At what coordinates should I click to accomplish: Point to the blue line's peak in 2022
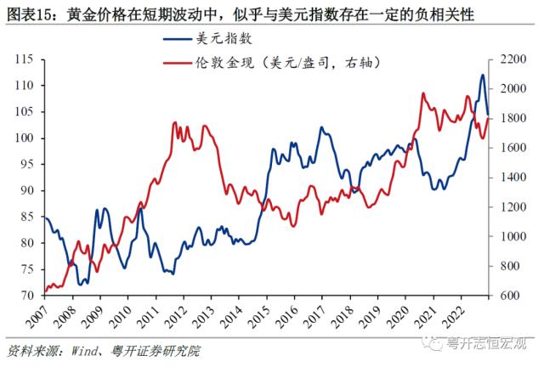482,75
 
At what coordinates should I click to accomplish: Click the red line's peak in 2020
423,93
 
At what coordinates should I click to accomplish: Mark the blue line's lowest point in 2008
79,285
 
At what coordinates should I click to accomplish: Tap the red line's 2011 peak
174,122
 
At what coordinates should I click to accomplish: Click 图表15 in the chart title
31,14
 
